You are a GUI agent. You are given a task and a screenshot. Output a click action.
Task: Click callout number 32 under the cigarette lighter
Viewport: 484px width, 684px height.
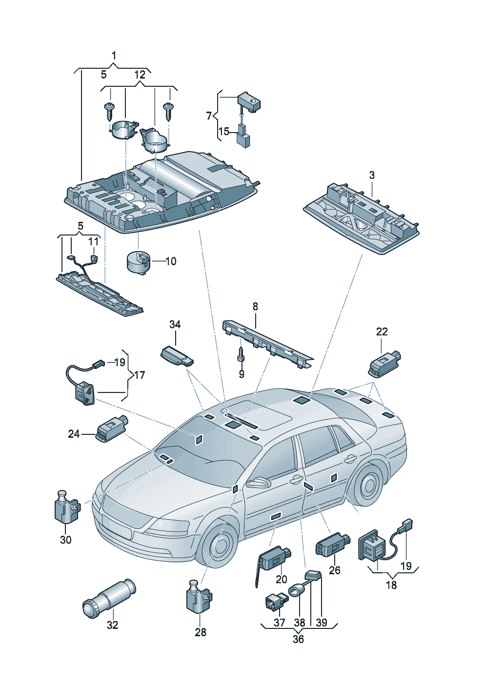pos(112,625)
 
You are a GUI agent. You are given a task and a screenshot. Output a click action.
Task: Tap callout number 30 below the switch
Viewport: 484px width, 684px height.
pos(66,540)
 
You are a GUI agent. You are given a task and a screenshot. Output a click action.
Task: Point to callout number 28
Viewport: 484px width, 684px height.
pos(201,632)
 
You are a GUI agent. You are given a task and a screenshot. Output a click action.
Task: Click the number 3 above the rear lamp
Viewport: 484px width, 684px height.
pos(372,176)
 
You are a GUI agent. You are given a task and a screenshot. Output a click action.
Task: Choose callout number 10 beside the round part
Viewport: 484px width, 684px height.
pos(171,261)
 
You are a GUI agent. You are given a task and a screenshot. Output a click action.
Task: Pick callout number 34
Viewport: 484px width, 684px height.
pos(175,325)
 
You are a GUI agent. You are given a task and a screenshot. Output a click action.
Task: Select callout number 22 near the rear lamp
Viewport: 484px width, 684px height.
pos(382,332)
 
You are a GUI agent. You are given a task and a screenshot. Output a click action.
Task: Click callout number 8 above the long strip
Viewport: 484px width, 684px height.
pos(255,306)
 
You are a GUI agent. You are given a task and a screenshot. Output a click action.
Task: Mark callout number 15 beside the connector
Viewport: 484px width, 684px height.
pos(223,132)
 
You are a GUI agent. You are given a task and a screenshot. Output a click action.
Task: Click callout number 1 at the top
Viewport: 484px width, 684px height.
pos(114,56)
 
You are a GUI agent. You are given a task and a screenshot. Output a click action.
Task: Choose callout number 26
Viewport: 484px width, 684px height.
pos(334,570)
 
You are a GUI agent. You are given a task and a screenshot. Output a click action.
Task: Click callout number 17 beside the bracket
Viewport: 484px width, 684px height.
pos(140,375)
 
